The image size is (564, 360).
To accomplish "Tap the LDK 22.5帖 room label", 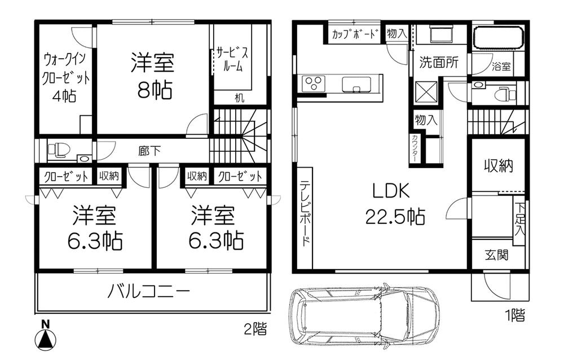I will click(x=395, y=204).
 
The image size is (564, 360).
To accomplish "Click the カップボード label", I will click(x=354, y=34).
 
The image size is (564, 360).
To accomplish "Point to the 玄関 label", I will click(x=496, y=255).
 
